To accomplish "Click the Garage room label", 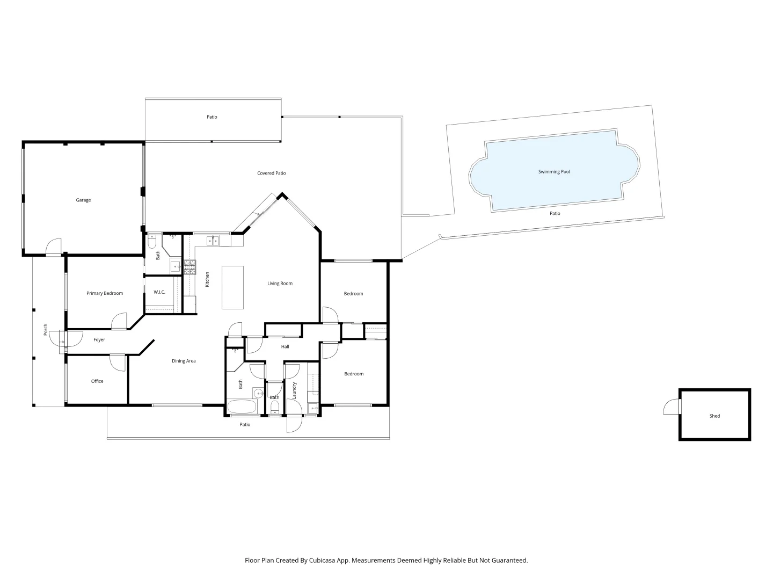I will [x=83, y=200].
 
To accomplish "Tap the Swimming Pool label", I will [x=554, y=172].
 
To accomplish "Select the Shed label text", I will [x=714, y=416].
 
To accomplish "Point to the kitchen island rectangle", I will [x=232, y=287].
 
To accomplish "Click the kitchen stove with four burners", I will [x=190, y=267].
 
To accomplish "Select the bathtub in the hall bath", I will [x=242, y=407].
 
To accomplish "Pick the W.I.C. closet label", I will [x=159, y=292].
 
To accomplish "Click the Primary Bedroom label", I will [x=105, y=293].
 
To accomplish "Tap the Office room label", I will [x=97, y=381].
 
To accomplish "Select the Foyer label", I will [x=99, y=340].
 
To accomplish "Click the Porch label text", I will [x=46, y=330].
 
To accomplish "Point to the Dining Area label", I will [x=184, y=361].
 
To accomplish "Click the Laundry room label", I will [x=295, y=390].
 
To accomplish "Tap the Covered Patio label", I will [x=271, y=173].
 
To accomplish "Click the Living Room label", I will [x=280, y=284].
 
